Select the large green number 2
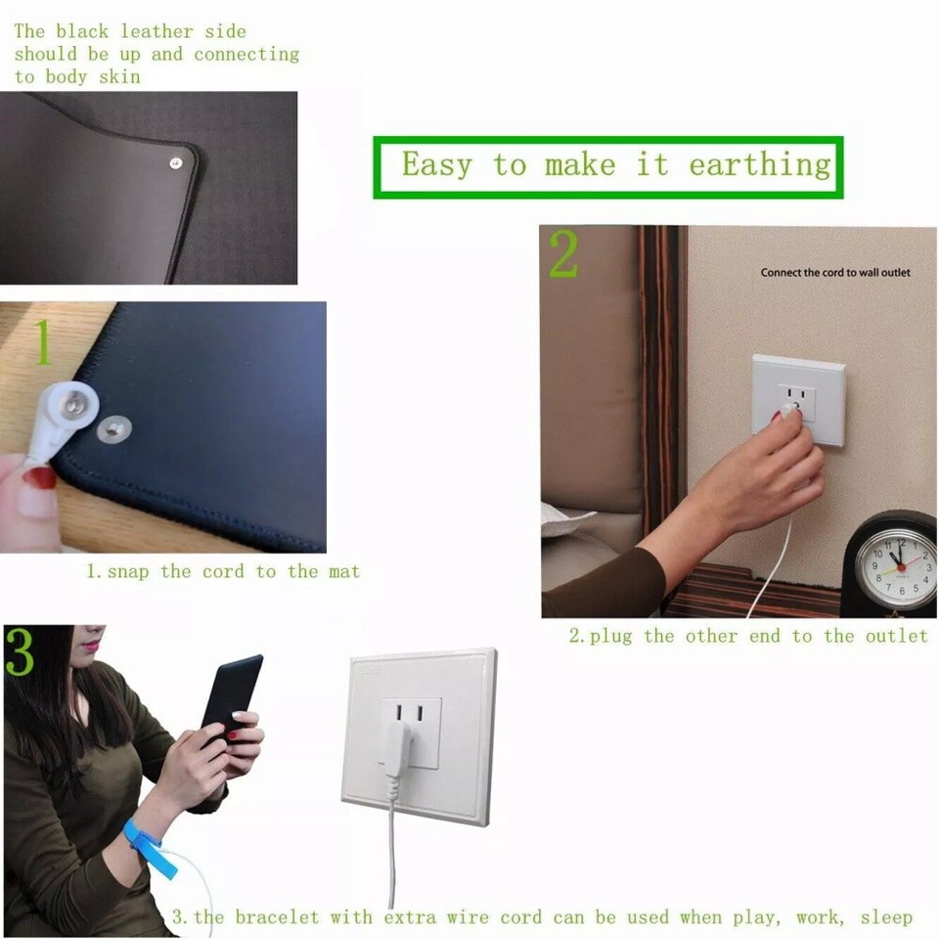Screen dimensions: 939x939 [x=563, y=255]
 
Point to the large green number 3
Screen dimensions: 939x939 [x=20, y=653]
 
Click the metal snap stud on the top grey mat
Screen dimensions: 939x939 [x=175, y=163]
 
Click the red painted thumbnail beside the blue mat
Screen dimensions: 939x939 [x=39, y=478]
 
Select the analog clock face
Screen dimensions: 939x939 [x=895, y=569]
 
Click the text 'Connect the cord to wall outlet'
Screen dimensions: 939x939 [x=835, y=272]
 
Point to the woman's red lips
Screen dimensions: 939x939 [x=90, y=647]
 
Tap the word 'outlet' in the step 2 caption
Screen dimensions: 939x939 [x=896, y=637]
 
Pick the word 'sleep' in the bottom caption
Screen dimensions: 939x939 [x=886, y=917]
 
